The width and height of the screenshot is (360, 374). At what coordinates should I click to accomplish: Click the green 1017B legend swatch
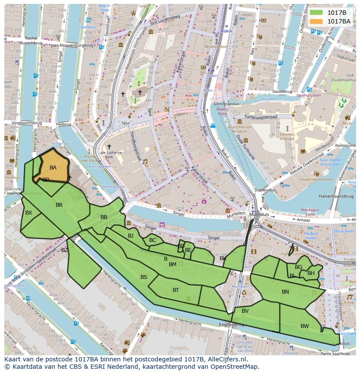click(316, 13)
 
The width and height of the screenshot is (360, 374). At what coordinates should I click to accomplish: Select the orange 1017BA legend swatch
click(316, 21)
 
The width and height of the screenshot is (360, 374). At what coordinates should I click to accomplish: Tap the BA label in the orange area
click(53, 168)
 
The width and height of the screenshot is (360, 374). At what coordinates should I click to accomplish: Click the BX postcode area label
click(29, 213)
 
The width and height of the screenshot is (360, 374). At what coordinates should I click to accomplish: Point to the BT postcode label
click(176, 290)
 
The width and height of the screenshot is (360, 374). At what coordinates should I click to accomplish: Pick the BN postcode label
click(285, 292)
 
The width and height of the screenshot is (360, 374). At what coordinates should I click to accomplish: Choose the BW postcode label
click(304, 326)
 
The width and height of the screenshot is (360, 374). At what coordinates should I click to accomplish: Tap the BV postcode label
click(245, 311)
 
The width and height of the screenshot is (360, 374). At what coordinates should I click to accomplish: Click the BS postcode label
click(144, 277)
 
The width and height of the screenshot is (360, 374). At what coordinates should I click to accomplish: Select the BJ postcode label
click(131, 236)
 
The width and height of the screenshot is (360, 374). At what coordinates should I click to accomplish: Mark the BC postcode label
click(153, 240)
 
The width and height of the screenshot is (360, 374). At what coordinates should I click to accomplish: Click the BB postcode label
click(104, 217)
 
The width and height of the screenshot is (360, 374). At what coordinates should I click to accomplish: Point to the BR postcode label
click(59, 205)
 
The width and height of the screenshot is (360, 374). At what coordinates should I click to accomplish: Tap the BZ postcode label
click(65, 250)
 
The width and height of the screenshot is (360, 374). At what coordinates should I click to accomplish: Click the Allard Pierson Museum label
click(239, 129)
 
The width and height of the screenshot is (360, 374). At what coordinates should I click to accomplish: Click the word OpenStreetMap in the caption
click(232, 367)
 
